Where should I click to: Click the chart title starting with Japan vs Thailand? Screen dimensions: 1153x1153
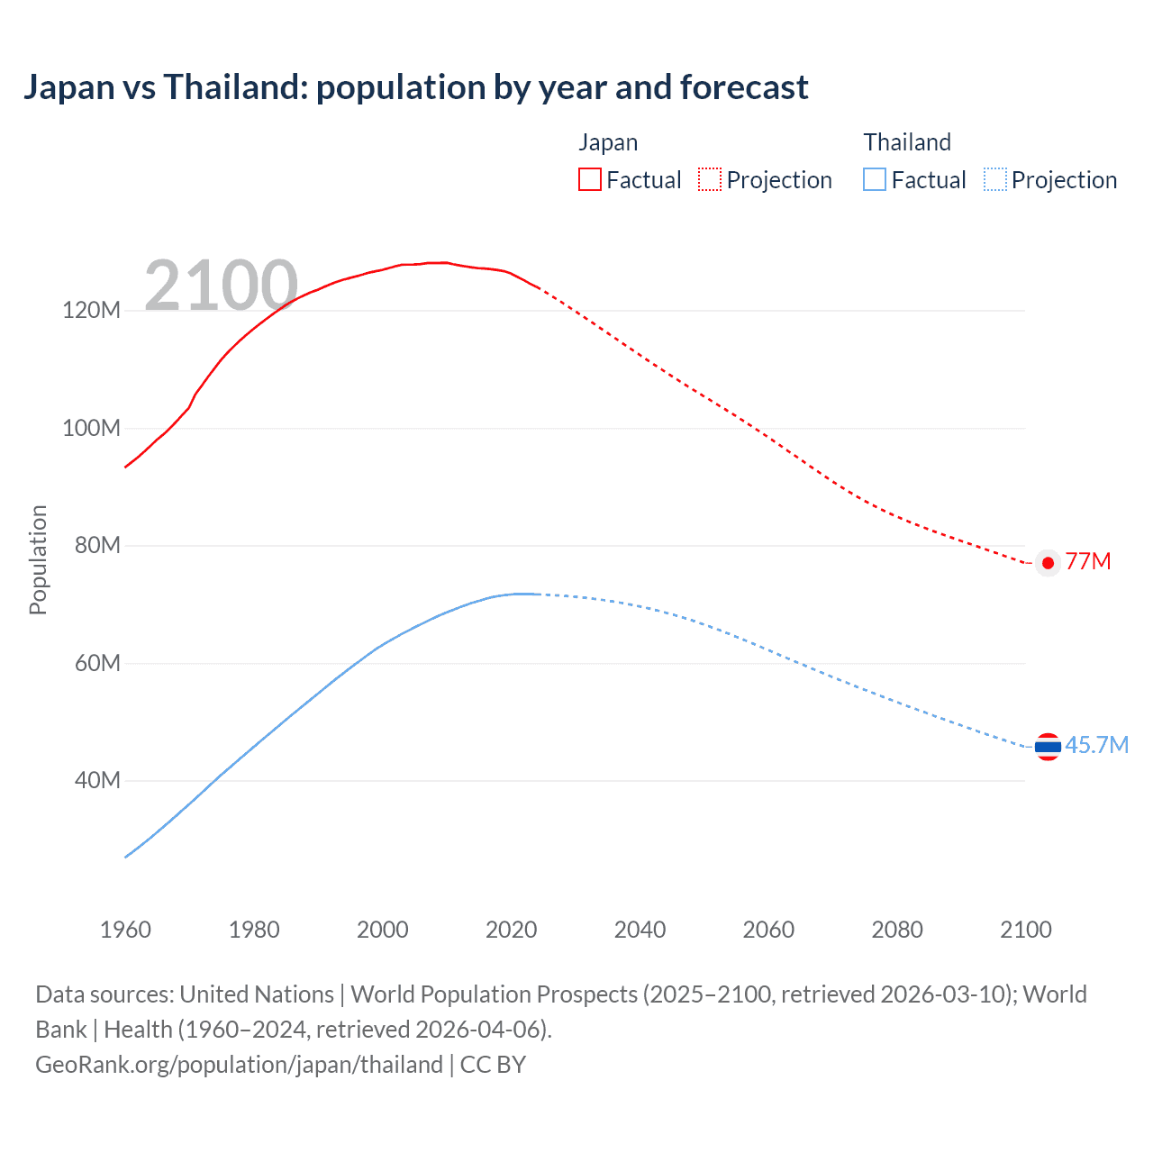click(415, 87)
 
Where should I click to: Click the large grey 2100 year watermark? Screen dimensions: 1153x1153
click(221, 286)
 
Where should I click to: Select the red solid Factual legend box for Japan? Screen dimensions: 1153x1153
click(589, 179)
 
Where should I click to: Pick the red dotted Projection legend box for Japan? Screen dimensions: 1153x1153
click(710, 179)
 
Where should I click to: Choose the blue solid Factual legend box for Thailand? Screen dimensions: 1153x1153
click(875, 179)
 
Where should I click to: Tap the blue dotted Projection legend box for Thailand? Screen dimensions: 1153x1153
click(994, 179)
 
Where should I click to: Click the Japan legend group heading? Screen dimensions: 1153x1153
click(608, 142)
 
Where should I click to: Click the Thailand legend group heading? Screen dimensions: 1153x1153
click(907, 142)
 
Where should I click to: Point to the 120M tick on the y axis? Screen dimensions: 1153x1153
click(91, 311)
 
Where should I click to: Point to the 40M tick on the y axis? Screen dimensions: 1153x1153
click(96, 780)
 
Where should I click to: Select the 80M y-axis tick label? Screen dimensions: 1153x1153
click(96, 545)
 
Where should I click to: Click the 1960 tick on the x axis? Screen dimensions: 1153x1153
click(125, 930)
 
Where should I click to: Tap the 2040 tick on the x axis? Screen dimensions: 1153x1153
click(640, 930)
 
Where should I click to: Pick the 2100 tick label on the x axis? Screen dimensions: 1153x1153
click(1025, 930)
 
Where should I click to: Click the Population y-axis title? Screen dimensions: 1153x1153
click(38, 559)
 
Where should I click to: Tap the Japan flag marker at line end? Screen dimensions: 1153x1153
click(1048, 563)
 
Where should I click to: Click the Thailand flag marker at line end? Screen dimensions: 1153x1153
click(1048, 746)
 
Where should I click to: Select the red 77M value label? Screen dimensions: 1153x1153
click(1088, 562)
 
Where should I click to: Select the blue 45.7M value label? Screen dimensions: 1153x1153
click(1096, 745)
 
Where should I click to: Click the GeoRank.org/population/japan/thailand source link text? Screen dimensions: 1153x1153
click(239, 1065)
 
